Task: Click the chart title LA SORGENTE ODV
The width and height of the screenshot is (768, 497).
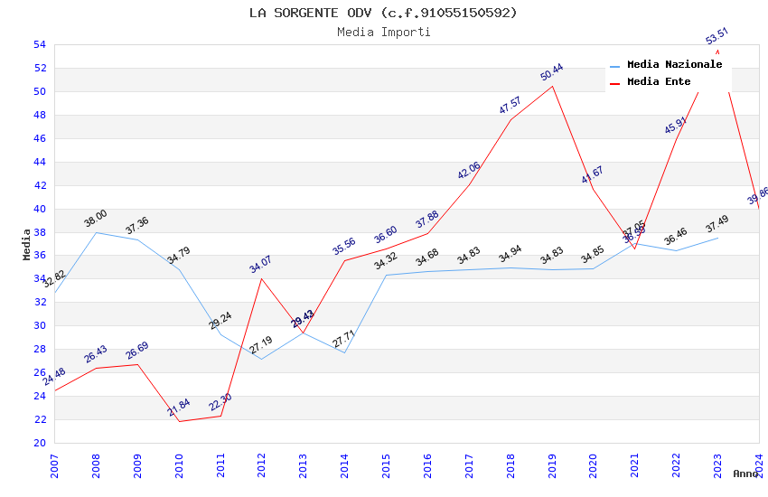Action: pos(383,13)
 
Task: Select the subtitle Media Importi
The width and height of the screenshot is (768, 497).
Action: pos(383,33)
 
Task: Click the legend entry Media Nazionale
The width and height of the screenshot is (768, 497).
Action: pos(674,65)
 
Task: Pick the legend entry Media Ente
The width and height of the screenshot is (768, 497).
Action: pos(659,82)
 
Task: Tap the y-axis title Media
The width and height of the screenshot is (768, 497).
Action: pos(27,244)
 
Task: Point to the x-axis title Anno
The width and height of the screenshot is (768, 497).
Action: pos(745,474)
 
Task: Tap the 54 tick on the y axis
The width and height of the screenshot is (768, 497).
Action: pos(39,45)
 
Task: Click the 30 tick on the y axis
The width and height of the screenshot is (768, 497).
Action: pos(39,326)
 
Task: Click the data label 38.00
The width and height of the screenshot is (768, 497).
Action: pos(95,219)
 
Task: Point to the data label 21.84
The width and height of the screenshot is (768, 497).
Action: pos(178,408)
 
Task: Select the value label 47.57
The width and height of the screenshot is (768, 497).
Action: pos(510,106)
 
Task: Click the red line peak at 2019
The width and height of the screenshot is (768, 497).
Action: pos(552,86)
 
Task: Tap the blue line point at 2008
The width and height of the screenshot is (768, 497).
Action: pos(96,232)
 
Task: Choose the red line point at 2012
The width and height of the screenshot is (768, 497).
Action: pos(262,278)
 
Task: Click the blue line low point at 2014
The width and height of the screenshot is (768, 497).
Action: pos(344,352)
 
